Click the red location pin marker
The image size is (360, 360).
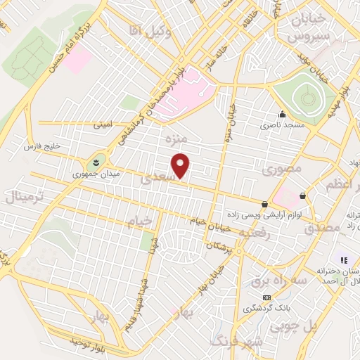[x=181, y=165]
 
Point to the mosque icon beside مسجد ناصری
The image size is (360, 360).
[x=282, y=115]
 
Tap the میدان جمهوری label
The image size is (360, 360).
[x=96, y=172]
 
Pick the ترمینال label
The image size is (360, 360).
[x=25, y=196]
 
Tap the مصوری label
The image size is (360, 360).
[x=281, y=169]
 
